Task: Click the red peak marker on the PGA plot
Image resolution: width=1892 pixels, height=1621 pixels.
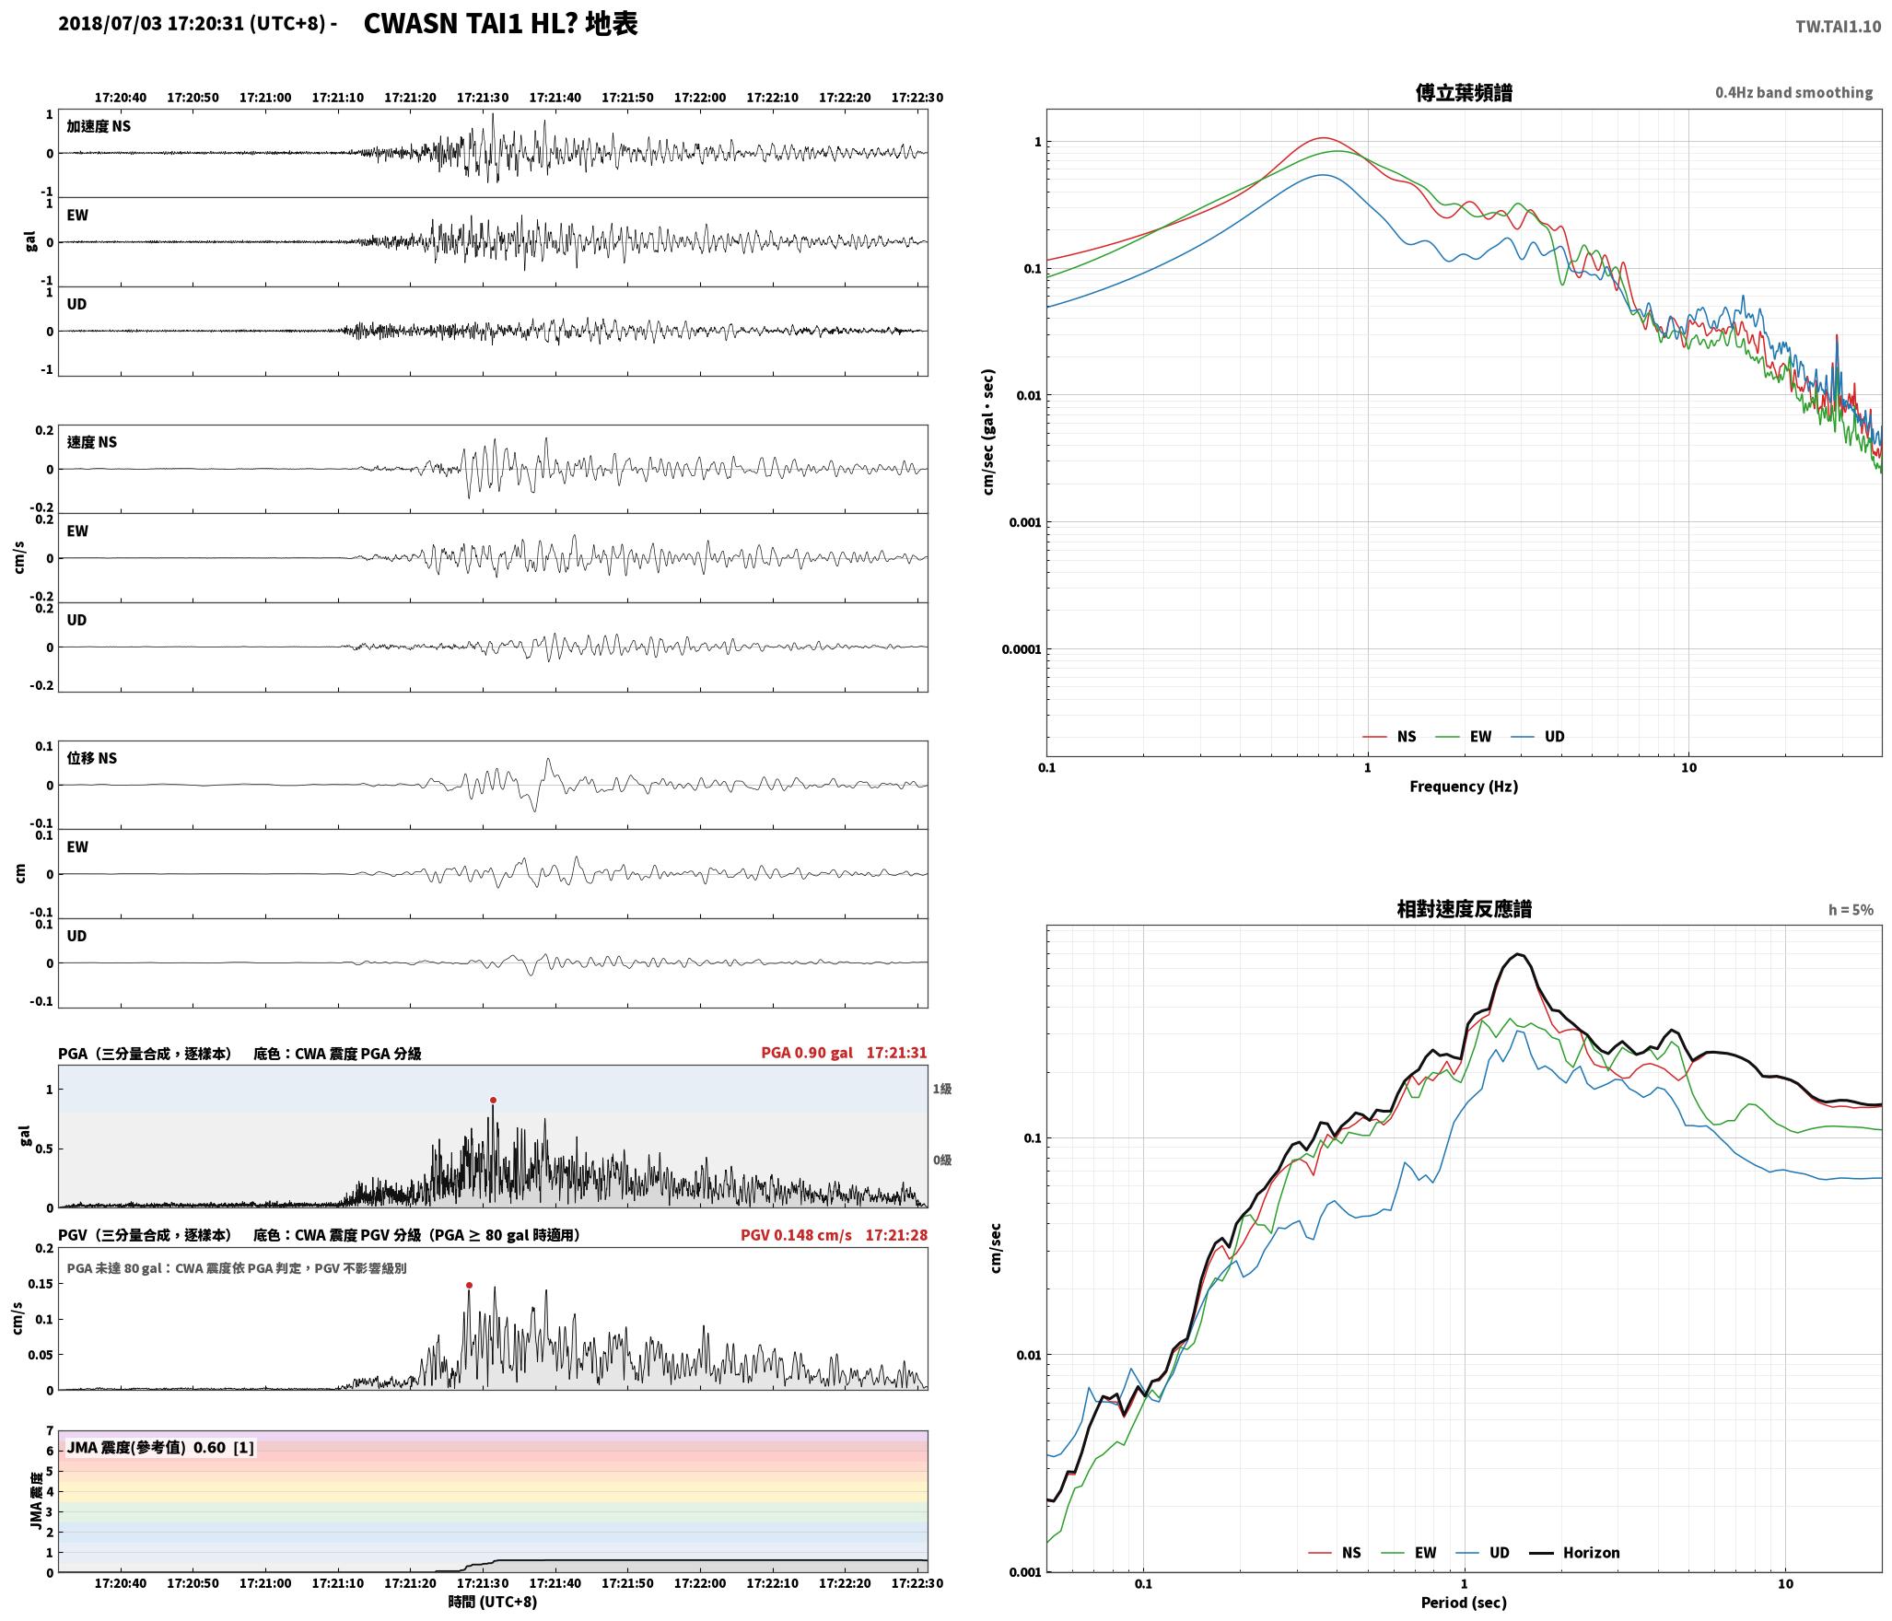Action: (x=493, y=1100)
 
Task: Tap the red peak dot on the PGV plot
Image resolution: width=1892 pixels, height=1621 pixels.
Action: (x=469, y=1285)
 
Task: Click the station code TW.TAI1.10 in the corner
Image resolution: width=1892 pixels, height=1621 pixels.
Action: (x=1838, y=27)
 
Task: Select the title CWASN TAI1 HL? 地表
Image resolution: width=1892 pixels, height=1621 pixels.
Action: (x=500, y=24)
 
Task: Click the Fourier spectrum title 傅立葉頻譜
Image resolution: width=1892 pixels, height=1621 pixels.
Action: (x=1464, y=93)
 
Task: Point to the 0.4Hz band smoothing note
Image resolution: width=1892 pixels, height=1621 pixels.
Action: (x=1793, y=93)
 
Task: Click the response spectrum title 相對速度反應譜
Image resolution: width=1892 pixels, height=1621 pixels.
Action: (x=1464, y=909)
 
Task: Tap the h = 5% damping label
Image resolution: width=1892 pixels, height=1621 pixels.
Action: (x=1851, y=910)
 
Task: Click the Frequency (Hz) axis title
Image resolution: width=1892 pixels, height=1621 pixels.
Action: (x=1464, y=786)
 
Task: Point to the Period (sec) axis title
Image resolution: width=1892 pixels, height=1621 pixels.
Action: (x=1464, y=1602)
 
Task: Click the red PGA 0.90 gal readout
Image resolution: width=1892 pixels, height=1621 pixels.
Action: (x=807, y=1053)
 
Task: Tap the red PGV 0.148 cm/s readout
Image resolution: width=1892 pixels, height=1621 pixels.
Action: (x=796, y=1234)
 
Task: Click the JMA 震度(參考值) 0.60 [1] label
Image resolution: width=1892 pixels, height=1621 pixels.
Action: (x=160, y=1447)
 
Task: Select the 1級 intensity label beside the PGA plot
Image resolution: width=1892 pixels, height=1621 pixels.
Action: (x=941, y=1089)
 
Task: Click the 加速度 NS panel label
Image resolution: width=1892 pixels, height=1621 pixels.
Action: (x=99, y=126)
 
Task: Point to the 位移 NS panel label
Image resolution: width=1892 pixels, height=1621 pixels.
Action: (x=92, y=758)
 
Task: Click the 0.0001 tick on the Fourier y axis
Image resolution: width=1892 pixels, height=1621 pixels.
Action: (x=1022, y=649)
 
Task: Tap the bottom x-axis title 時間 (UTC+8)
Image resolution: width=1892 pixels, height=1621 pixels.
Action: (x=493, y=1602)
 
